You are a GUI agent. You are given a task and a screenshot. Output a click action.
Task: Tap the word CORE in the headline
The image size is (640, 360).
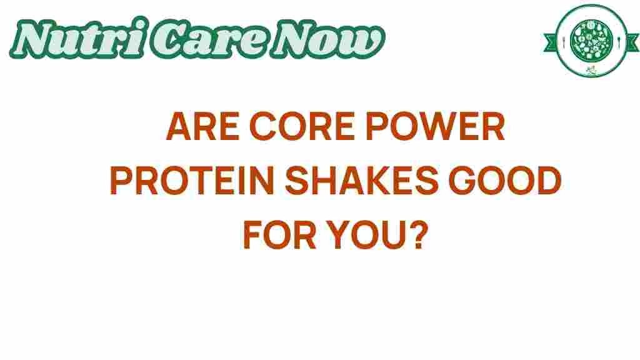coord(302,126)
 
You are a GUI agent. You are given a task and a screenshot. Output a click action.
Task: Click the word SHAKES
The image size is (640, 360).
coord(362,181)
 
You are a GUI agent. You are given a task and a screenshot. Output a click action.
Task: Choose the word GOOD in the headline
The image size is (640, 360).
coord(505,181)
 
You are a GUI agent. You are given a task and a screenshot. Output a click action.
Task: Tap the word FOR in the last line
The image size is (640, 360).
coord(279,235)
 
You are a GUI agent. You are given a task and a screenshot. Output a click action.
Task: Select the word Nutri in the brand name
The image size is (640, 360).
coord(77,38)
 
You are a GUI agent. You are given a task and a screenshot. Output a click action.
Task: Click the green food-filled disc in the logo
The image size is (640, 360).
coord(591,40)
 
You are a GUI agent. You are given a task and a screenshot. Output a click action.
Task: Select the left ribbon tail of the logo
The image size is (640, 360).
coord(550,42)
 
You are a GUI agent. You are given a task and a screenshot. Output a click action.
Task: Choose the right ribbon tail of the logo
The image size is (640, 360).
coord(632,42)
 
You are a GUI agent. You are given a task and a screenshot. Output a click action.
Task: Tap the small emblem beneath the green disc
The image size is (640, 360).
coord(591,70)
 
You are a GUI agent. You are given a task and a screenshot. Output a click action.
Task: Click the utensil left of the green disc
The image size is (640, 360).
coord(564,41)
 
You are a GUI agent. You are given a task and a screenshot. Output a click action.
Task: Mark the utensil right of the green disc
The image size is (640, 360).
coord(619,41)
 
